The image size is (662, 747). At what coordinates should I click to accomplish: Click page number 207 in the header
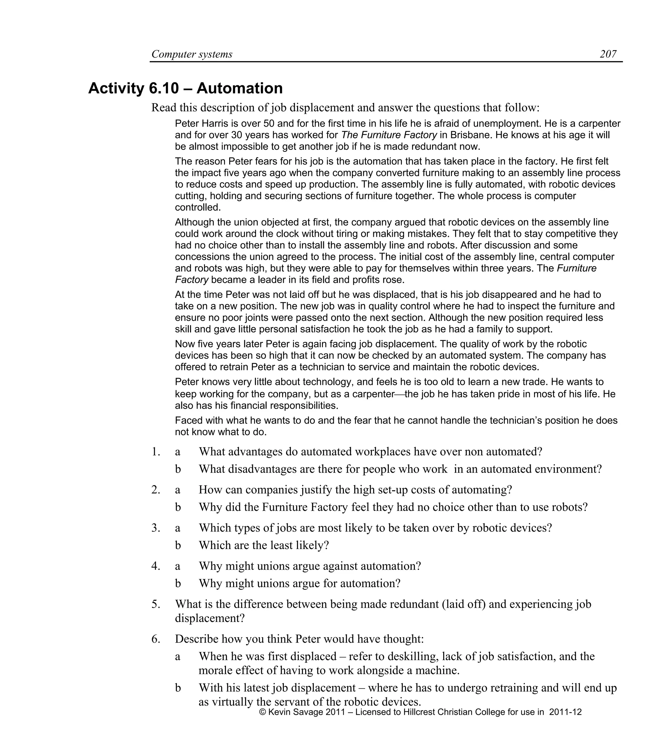(x=608, y=54)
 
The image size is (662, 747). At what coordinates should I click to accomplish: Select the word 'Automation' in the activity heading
(x=240, y=89)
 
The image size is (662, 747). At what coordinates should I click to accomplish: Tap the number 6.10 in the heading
(x=164, y=89)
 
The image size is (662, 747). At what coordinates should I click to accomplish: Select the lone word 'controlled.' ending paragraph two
(x=198, y=207)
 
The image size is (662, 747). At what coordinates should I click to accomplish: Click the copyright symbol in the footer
(x=262, y=712)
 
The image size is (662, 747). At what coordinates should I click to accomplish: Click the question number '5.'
(x=156, y=604)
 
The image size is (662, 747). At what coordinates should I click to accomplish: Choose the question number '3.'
(x=156, y=528)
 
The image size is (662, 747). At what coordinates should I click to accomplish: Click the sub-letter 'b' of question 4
(x=178, y=583)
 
